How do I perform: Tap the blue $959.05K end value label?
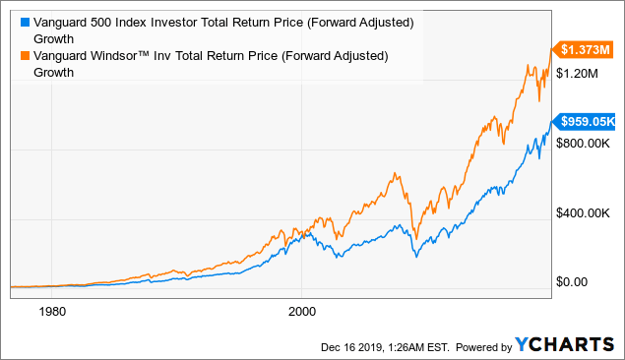click(587, 122)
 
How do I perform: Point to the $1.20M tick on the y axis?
click(581, 74)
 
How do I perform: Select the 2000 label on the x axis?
click(301, 310)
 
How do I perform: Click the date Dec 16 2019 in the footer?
click(352, 346)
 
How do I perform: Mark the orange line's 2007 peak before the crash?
click(396, 174)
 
